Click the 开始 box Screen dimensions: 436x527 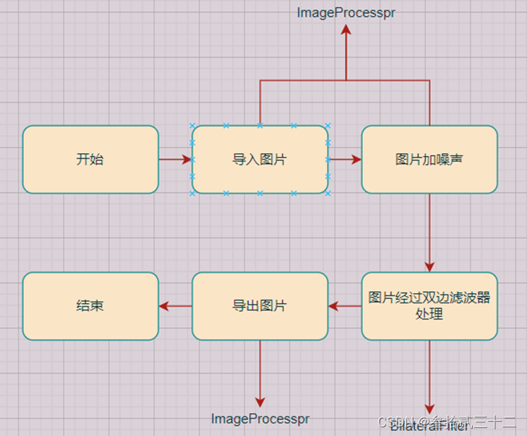pos(90,160)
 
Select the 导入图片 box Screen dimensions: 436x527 pos(260,160)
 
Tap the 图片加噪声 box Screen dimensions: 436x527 pos(429,160)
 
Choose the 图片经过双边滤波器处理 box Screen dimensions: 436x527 pos(429,306)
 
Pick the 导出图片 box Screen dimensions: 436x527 pos(260,306)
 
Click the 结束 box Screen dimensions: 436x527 pos(90,306)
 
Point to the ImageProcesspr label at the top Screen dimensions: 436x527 pos(346,12)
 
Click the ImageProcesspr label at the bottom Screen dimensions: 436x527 pos(260,419)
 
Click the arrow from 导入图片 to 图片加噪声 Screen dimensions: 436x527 pos(345,160)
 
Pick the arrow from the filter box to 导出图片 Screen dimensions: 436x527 pos(345,306)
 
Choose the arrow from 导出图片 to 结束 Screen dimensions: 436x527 pos(175,306)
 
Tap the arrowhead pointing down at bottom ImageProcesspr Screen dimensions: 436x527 pos(260,402)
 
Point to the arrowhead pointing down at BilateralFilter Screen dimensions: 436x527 pos(429,409)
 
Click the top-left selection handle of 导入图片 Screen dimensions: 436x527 pos(192,126)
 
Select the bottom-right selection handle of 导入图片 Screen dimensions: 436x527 pos(327,193)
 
